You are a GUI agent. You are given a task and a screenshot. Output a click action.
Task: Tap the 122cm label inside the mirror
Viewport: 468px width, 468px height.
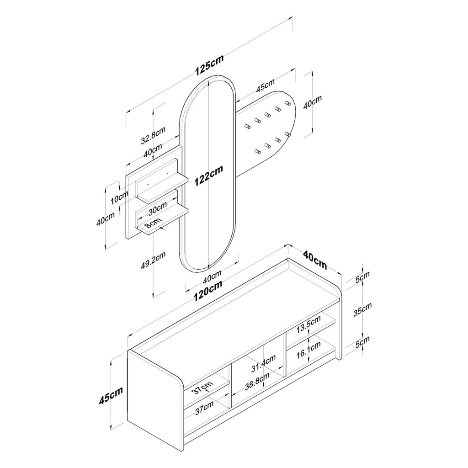208,176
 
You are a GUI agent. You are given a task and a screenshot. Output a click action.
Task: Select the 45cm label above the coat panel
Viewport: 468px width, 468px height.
266,85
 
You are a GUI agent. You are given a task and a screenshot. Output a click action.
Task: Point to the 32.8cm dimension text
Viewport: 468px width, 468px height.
153,136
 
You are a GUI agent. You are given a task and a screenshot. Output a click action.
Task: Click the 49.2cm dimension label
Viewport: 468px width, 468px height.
153,261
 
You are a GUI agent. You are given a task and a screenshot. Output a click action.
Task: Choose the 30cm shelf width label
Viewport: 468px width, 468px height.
158,208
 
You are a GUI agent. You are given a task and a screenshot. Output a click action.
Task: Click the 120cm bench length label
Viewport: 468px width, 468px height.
208,291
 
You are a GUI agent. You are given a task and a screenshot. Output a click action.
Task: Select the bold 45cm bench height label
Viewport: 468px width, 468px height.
111,395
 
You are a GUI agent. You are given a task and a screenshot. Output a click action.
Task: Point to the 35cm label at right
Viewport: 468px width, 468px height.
362,309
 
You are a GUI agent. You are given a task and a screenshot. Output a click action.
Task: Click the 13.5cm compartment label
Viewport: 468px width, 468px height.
308,324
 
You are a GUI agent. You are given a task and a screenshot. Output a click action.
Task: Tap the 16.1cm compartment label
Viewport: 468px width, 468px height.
308,350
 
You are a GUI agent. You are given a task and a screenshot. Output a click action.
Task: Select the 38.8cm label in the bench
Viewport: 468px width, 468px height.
257,381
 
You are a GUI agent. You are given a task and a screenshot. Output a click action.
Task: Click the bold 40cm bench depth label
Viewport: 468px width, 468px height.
315,260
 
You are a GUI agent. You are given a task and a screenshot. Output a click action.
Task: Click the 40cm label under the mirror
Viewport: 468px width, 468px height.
212,277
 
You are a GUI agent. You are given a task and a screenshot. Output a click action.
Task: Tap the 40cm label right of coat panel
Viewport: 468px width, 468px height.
313,102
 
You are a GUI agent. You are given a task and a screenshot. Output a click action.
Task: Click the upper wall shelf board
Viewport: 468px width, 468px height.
163,188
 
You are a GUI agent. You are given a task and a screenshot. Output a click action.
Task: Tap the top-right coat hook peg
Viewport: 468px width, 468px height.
287,103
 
